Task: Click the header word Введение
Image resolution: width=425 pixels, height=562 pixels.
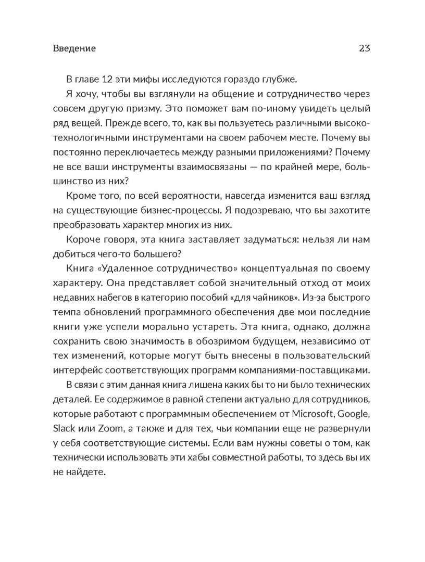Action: (74, 48)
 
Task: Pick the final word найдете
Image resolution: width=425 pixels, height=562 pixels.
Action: (85, 472)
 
